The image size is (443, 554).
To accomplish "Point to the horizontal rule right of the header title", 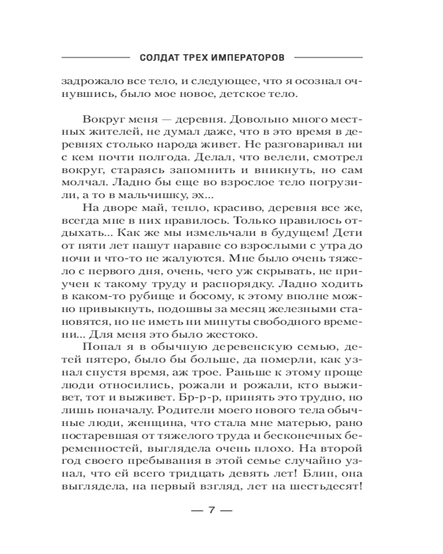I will point(329,57).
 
